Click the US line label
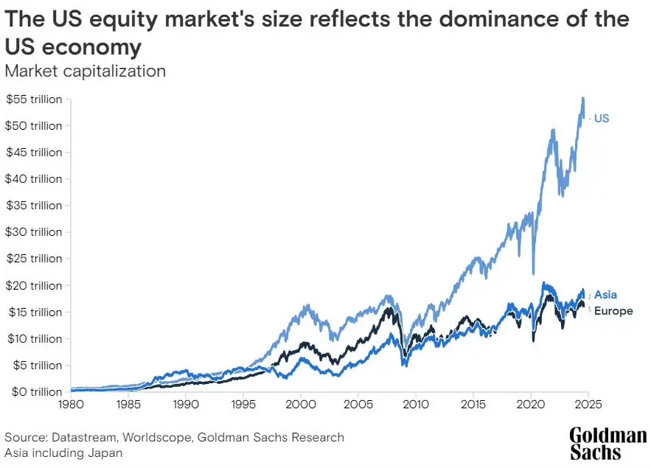(602, 118)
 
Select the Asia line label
(605, 295)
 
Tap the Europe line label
(613, 311)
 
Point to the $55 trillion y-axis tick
(35, 99)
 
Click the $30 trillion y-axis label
(35, 231)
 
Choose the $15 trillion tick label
(35, 312)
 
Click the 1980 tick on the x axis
(71, 405)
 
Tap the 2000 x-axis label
(301, 405)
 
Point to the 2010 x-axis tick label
(416, 405)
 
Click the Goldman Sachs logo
(608, 443)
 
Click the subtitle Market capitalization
(85, 71)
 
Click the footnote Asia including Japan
(63, 453)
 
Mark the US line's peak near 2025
(583, 98)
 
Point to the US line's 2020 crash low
(533, 273)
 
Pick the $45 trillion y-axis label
(35, 152)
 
